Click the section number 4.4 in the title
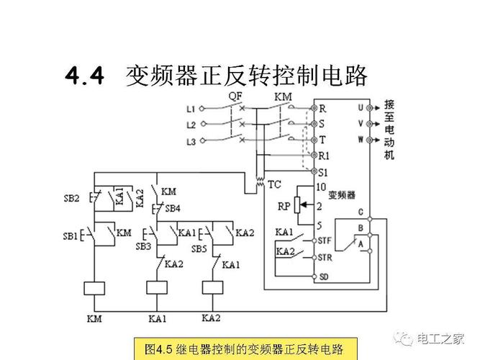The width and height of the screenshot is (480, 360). (x=85, y=76)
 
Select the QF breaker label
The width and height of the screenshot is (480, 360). (x=235, y=96)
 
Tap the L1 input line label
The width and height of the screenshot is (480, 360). (x=191, y=109)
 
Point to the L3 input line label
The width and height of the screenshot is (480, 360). (x=191, y=142)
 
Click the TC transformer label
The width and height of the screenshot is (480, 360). (x=274, y=184)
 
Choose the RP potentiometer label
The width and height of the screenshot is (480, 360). (x=284, y=207)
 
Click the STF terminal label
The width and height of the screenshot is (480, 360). (x=325, y=241)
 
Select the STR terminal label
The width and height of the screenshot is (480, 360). (x=325, y=257)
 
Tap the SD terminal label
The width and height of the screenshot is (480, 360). (x=324, y=276)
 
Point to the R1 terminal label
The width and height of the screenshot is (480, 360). (x=324, y=156)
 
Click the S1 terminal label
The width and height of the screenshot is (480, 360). (x=323, y=172)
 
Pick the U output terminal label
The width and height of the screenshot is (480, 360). (x=361, y=107)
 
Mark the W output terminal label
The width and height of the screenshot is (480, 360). (x=361, y=139)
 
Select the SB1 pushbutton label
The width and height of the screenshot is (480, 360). (x=70, y=235)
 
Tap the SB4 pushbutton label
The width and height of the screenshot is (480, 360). (x=172, y=209)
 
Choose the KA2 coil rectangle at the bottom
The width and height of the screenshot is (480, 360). (x=212, y=287)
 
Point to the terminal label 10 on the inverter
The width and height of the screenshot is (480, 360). (x=322, y=186)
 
